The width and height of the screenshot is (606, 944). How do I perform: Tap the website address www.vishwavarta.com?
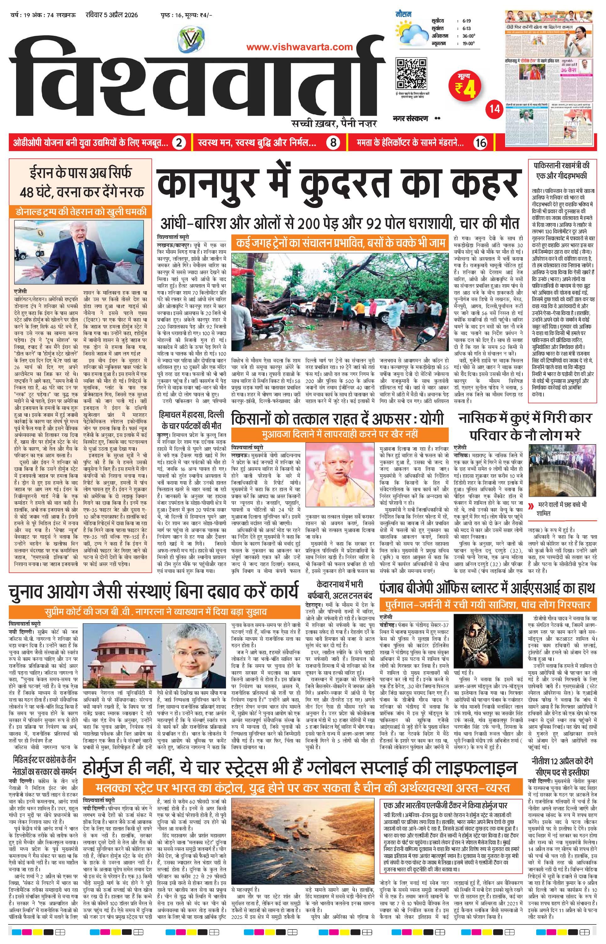point(300,47)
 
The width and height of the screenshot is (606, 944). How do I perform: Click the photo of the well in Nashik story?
point(562,472)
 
